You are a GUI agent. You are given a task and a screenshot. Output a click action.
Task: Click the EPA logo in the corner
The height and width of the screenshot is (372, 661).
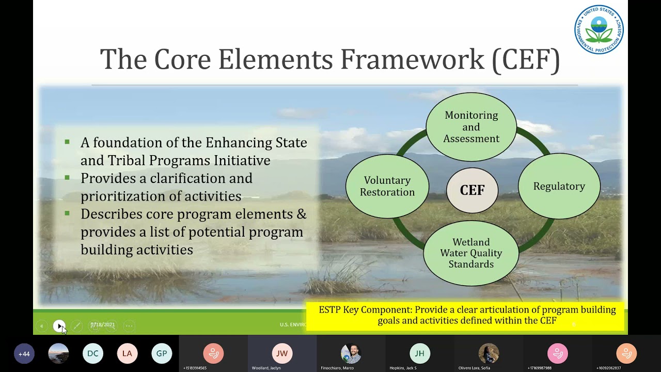tap(599, 30)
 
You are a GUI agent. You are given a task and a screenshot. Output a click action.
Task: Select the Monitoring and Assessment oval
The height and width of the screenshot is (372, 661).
tap(471, 127)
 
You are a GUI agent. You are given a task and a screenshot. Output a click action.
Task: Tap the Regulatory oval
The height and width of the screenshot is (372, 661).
tap(559, 187)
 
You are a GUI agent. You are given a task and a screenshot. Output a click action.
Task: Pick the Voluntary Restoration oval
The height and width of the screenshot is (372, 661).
tap(387, 187)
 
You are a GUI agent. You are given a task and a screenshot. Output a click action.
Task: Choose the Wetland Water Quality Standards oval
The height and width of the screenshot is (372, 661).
tap(471, 253)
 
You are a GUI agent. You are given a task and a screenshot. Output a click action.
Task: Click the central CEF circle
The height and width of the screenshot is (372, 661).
tap(472, 191)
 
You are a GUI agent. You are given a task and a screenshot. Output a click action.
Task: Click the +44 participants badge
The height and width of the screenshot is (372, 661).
tap(24, 354)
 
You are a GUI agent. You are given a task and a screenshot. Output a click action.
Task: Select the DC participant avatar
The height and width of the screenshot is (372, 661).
tap(93, 354)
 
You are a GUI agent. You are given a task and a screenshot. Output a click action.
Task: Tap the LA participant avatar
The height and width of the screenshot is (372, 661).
tap(127, 354)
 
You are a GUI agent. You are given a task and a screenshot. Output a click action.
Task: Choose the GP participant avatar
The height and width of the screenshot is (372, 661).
tap(162, 354)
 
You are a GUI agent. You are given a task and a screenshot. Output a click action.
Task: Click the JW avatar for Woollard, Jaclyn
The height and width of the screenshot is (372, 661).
tap(282, 354)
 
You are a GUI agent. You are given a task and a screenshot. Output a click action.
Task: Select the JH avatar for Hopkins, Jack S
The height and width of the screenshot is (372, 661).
tap(419, 354)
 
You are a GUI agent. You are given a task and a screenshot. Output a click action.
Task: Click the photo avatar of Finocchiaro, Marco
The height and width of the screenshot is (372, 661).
tap(351, 354)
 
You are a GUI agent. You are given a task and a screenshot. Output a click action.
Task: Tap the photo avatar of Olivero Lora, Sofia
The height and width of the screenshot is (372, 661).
tap(489, 354)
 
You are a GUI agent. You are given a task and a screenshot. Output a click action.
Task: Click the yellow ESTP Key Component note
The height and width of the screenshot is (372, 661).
tap(467, 315)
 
